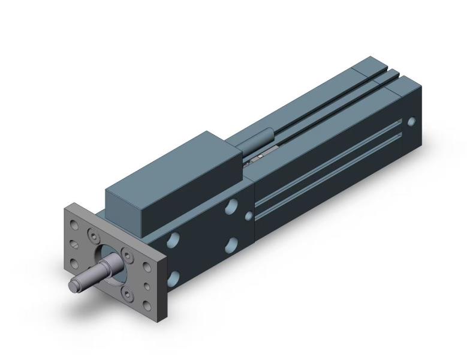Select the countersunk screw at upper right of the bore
point(128,253)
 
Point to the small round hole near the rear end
point(411,121)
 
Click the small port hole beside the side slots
point(248,216)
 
